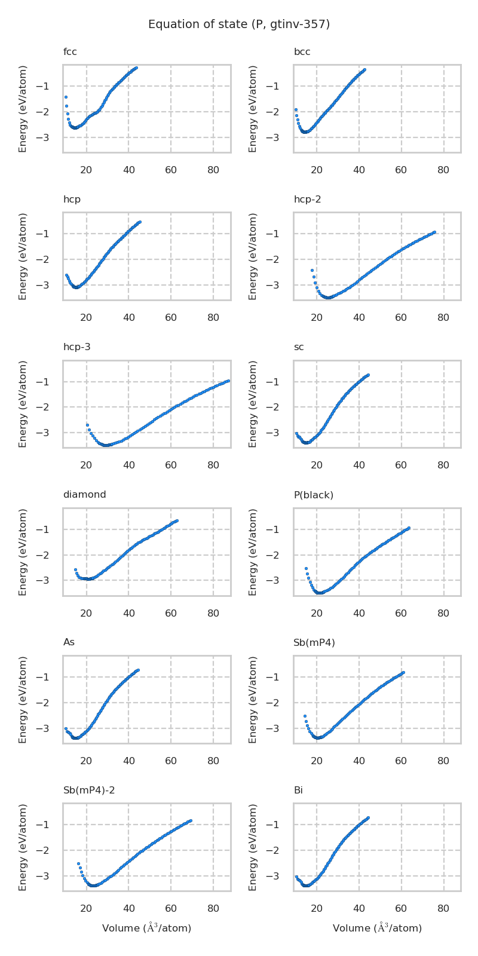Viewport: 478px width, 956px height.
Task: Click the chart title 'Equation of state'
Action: click(x=239, y=24)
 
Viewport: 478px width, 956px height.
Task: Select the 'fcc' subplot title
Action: click(x=70, y=52)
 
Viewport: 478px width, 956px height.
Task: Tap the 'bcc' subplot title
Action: click(x=302, y=52)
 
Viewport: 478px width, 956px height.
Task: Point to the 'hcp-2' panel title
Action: click(x=307, y=200)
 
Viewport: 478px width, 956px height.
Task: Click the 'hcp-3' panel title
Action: click(x=76, y=347)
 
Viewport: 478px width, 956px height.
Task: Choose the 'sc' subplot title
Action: click(x=299, y=347)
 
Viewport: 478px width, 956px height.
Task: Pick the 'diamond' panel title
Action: click(x=84, y=495)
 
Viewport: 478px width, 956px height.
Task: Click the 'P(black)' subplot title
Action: click(x=313, y=495)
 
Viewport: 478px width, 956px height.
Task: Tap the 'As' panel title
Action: click(x=69, y=642)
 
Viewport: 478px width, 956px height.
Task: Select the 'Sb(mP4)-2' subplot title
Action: click(x=89, y=790)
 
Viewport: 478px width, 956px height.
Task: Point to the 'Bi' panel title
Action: click(x=298, y=790)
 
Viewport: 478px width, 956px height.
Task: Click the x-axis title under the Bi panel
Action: click(x=377, y=928)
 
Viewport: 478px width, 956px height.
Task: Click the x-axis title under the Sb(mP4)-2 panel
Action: click(x=146, y=928)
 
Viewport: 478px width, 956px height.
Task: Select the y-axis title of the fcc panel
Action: click(x=23, y=109)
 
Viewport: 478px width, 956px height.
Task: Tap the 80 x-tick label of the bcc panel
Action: click(x=443, y=170)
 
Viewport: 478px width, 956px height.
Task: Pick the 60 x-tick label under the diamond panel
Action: click(x=171, y=612)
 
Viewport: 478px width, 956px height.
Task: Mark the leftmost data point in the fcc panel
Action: click(x=66, y=97)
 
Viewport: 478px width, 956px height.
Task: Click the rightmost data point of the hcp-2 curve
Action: click(x=434, y=232)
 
